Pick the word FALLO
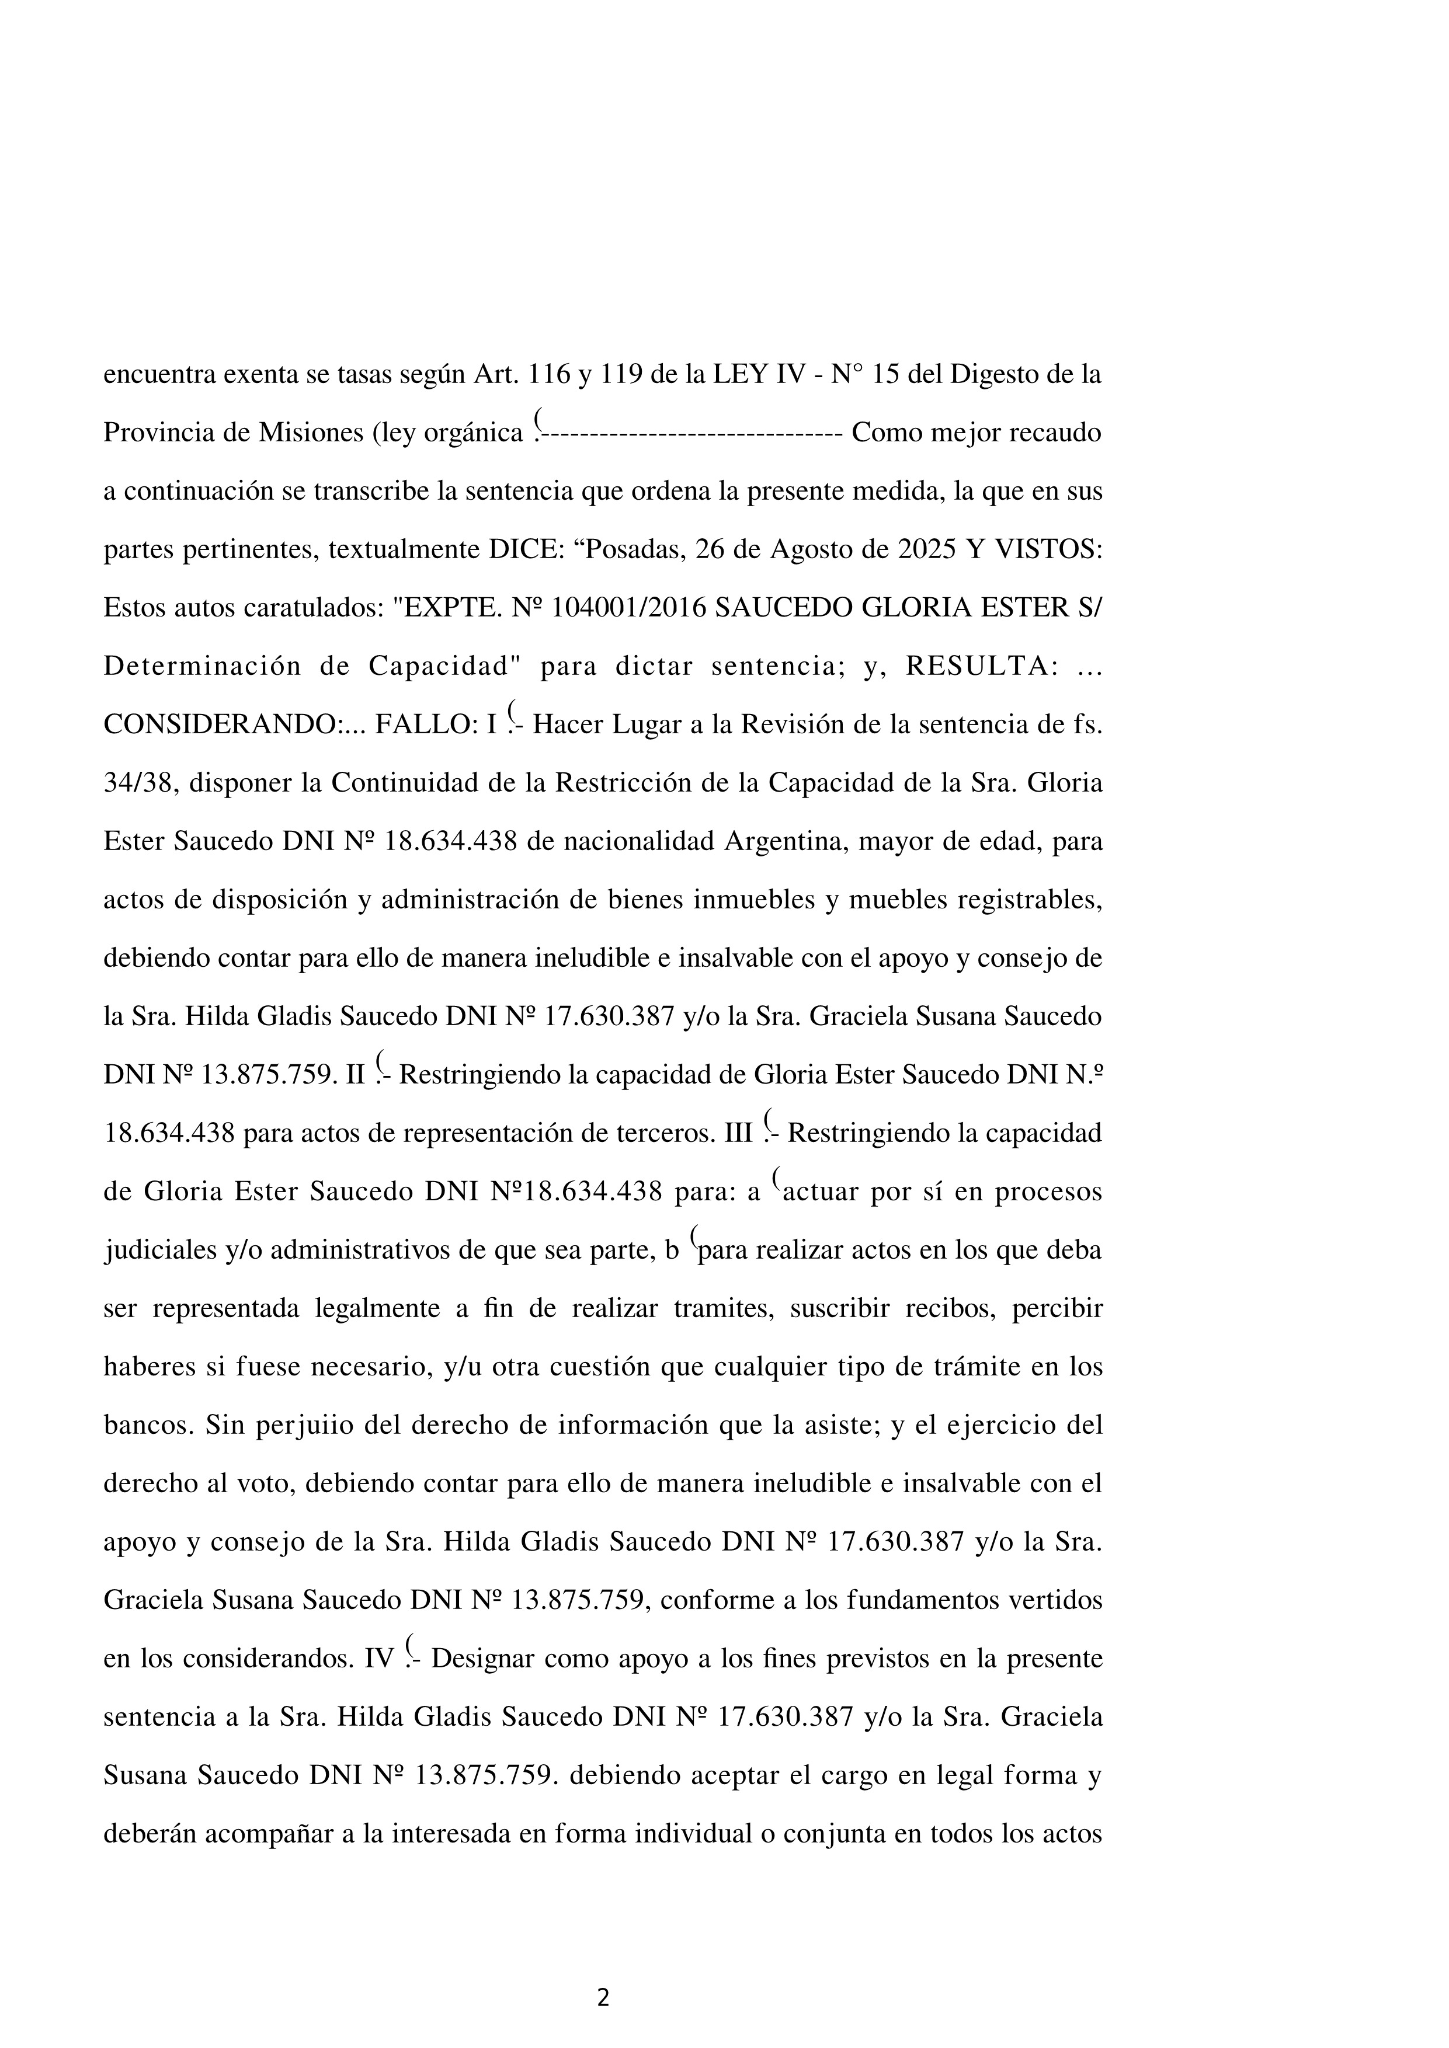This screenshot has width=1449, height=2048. [x=428, y=725]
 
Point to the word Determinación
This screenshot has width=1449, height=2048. [x=203, y=666]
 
